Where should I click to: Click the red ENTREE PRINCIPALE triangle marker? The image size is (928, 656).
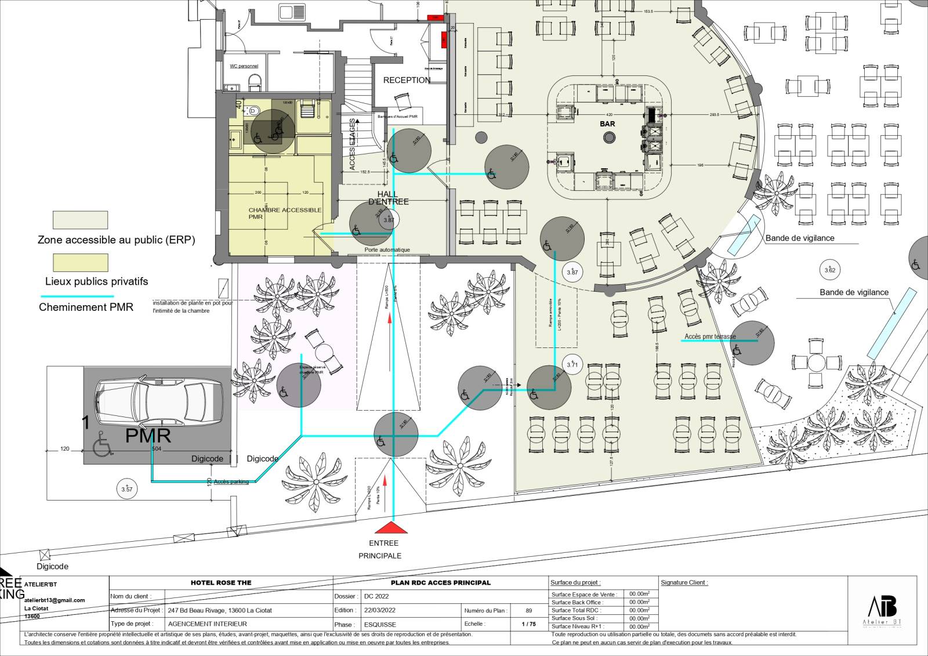[391, 528]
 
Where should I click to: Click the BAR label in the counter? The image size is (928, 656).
[608, 124]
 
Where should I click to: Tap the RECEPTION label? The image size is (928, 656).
[407, 81]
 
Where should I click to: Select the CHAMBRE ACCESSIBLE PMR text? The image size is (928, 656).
[284, 213]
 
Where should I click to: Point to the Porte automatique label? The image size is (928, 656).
[387, 250]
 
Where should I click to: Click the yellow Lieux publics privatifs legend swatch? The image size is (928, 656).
[81, 263]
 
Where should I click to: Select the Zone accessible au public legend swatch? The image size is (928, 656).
[81, 220]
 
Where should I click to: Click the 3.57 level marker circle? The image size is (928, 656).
[126, 488]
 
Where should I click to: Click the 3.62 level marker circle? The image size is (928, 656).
[830, 270]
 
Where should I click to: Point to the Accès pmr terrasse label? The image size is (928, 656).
[710, 336]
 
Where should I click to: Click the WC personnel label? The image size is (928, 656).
[244, 66]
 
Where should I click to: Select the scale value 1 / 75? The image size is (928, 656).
[528, 624]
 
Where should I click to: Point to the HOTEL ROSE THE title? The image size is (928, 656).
[221, 582]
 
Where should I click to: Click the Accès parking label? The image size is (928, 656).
[231, 482]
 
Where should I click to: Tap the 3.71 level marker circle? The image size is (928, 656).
[572, 364]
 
